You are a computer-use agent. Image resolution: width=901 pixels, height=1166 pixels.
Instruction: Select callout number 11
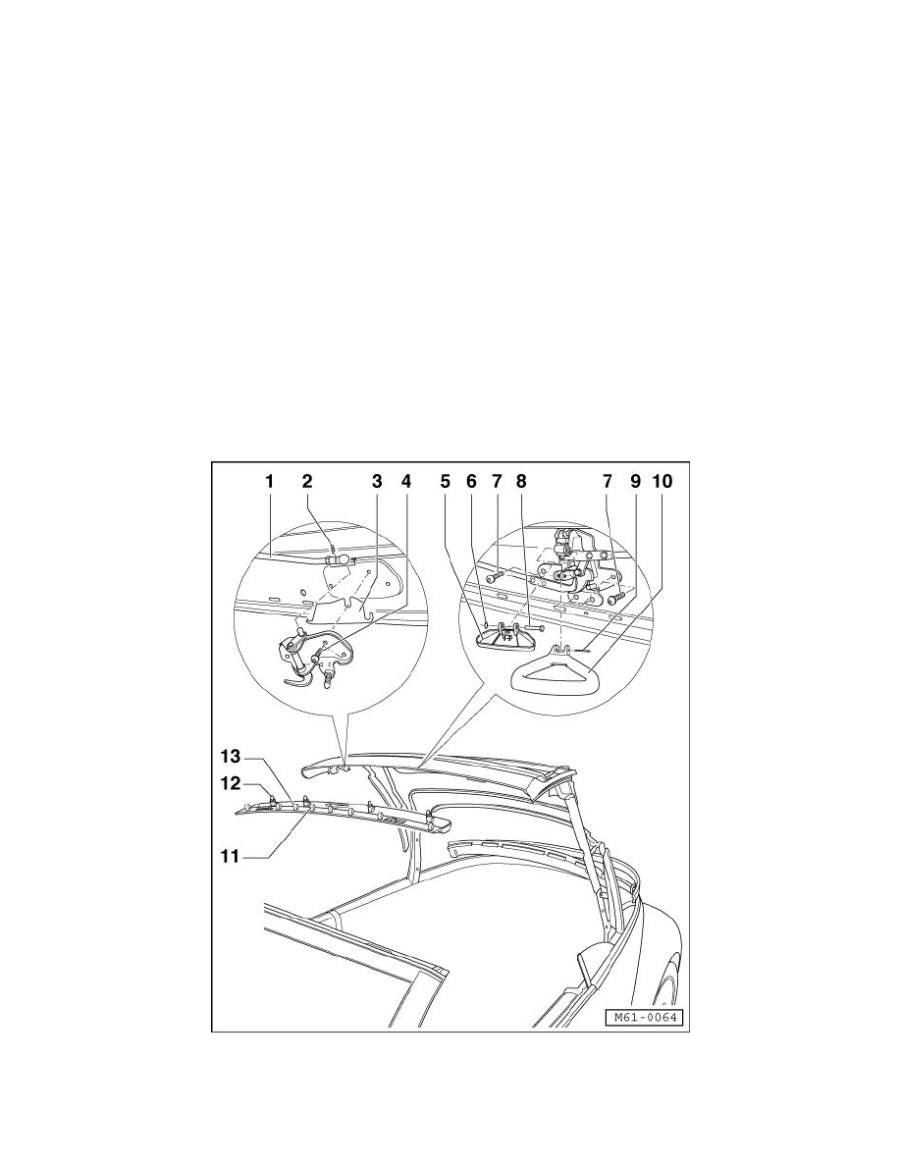(229, 856)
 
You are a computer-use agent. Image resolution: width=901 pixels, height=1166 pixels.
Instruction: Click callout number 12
(229, 784)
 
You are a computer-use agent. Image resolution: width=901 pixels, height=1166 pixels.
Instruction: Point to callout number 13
(229, 759)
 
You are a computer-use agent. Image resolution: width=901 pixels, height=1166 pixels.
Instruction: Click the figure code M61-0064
(643, 1018)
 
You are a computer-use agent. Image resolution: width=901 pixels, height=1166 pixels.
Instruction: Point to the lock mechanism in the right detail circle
(575, 569)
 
